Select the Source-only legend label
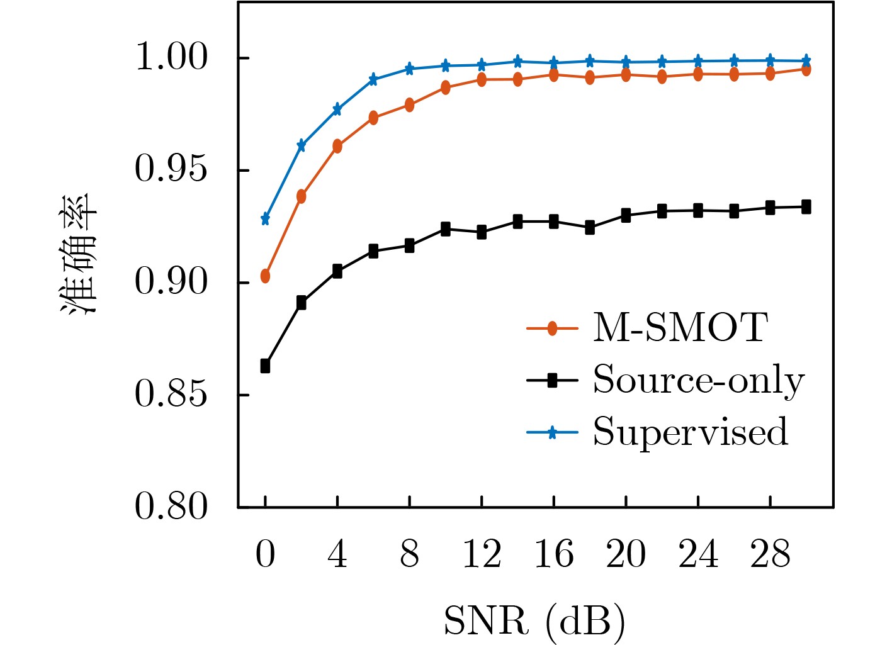(699, 380)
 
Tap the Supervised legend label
(691, 432)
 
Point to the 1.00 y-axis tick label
(171, 58)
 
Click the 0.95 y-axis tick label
(171, 170)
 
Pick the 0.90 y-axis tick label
(171, 283)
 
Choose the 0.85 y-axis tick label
(171, 395)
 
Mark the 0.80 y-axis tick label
(171, 507)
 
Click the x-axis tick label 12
(482, 555)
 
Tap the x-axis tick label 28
(770, 555)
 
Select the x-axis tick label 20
(626, 555)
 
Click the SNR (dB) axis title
(534, 621)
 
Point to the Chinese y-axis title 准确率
(79, 254)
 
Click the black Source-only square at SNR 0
(265, 366)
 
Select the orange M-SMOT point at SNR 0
(265, 276)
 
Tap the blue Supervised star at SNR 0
(265, 219)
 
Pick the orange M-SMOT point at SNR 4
(337, 147)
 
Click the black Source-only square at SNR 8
(409, 246)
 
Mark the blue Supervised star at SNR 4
(337, 109)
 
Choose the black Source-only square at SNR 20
(626, 216)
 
